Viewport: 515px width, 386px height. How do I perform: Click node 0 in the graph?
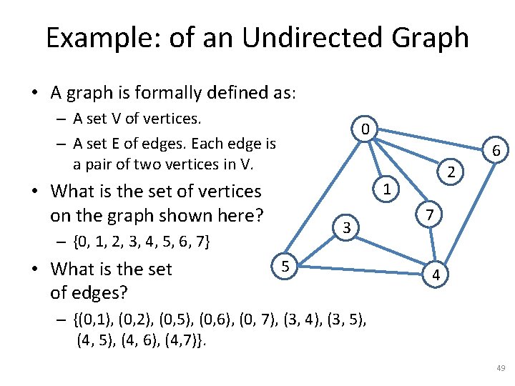365,129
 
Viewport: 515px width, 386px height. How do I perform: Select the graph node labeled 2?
451,172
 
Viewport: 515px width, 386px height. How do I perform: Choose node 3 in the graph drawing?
346,228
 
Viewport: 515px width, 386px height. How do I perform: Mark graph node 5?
285,266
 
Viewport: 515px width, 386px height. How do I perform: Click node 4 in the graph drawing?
436,274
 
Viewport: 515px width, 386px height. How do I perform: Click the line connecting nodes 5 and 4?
358,270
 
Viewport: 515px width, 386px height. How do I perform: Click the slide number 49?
500,368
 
